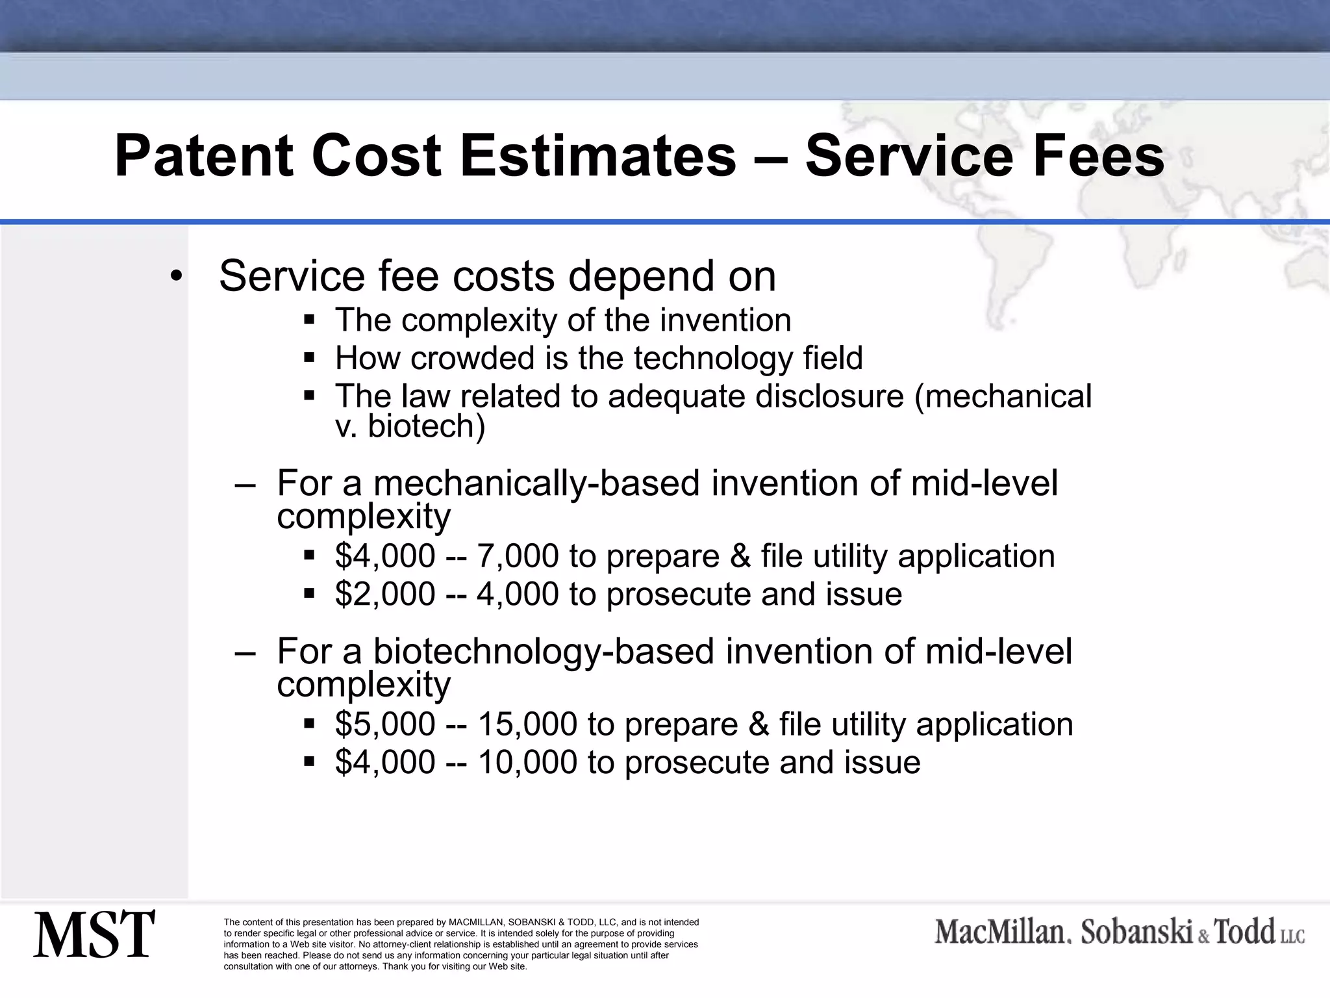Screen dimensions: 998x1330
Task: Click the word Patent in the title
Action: tap(203, 157)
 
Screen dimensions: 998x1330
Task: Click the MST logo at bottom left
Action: tap(94, 934)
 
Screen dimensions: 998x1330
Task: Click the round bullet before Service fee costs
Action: tap(174, 277)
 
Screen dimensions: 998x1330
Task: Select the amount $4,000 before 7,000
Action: tap(384, 556)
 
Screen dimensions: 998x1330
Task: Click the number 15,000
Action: tap(527, 724)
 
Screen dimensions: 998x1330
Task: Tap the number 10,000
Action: tap(527, 762)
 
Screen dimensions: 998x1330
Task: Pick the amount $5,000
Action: tap(384, 724)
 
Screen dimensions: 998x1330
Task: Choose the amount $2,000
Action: tap(384, 594)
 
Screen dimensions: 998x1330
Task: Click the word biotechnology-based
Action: tap(544, 652)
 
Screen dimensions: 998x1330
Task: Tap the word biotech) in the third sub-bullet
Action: tap(426, 426)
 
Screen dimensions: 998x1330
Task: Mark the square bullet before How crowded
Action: tap(309, 357)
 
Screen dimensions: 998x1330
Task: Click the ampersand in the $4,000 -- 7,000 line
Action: tap(740, 556)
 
